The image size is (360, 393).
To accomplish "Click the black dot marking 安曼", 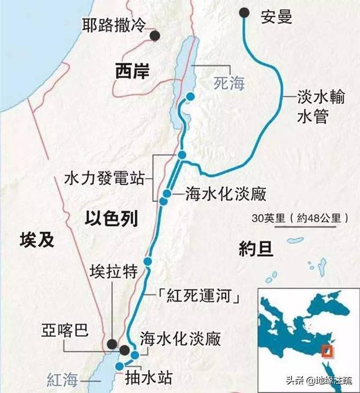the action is pos(244,12).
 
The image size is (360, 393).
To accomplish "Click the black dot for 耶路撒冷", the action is pos(154,36).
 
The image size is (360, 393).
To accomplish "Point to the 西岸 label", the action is pos(131,71).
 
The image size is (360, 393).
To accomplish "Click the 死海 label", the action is pos(229,84).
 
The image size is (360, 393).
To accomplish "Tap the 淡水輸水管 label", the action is pos(316,106).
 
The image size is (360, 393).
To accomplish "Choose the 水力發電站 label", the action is pos(103,179).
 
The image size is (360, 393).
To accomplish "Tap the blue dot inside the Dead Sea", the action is pos(191,97).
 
